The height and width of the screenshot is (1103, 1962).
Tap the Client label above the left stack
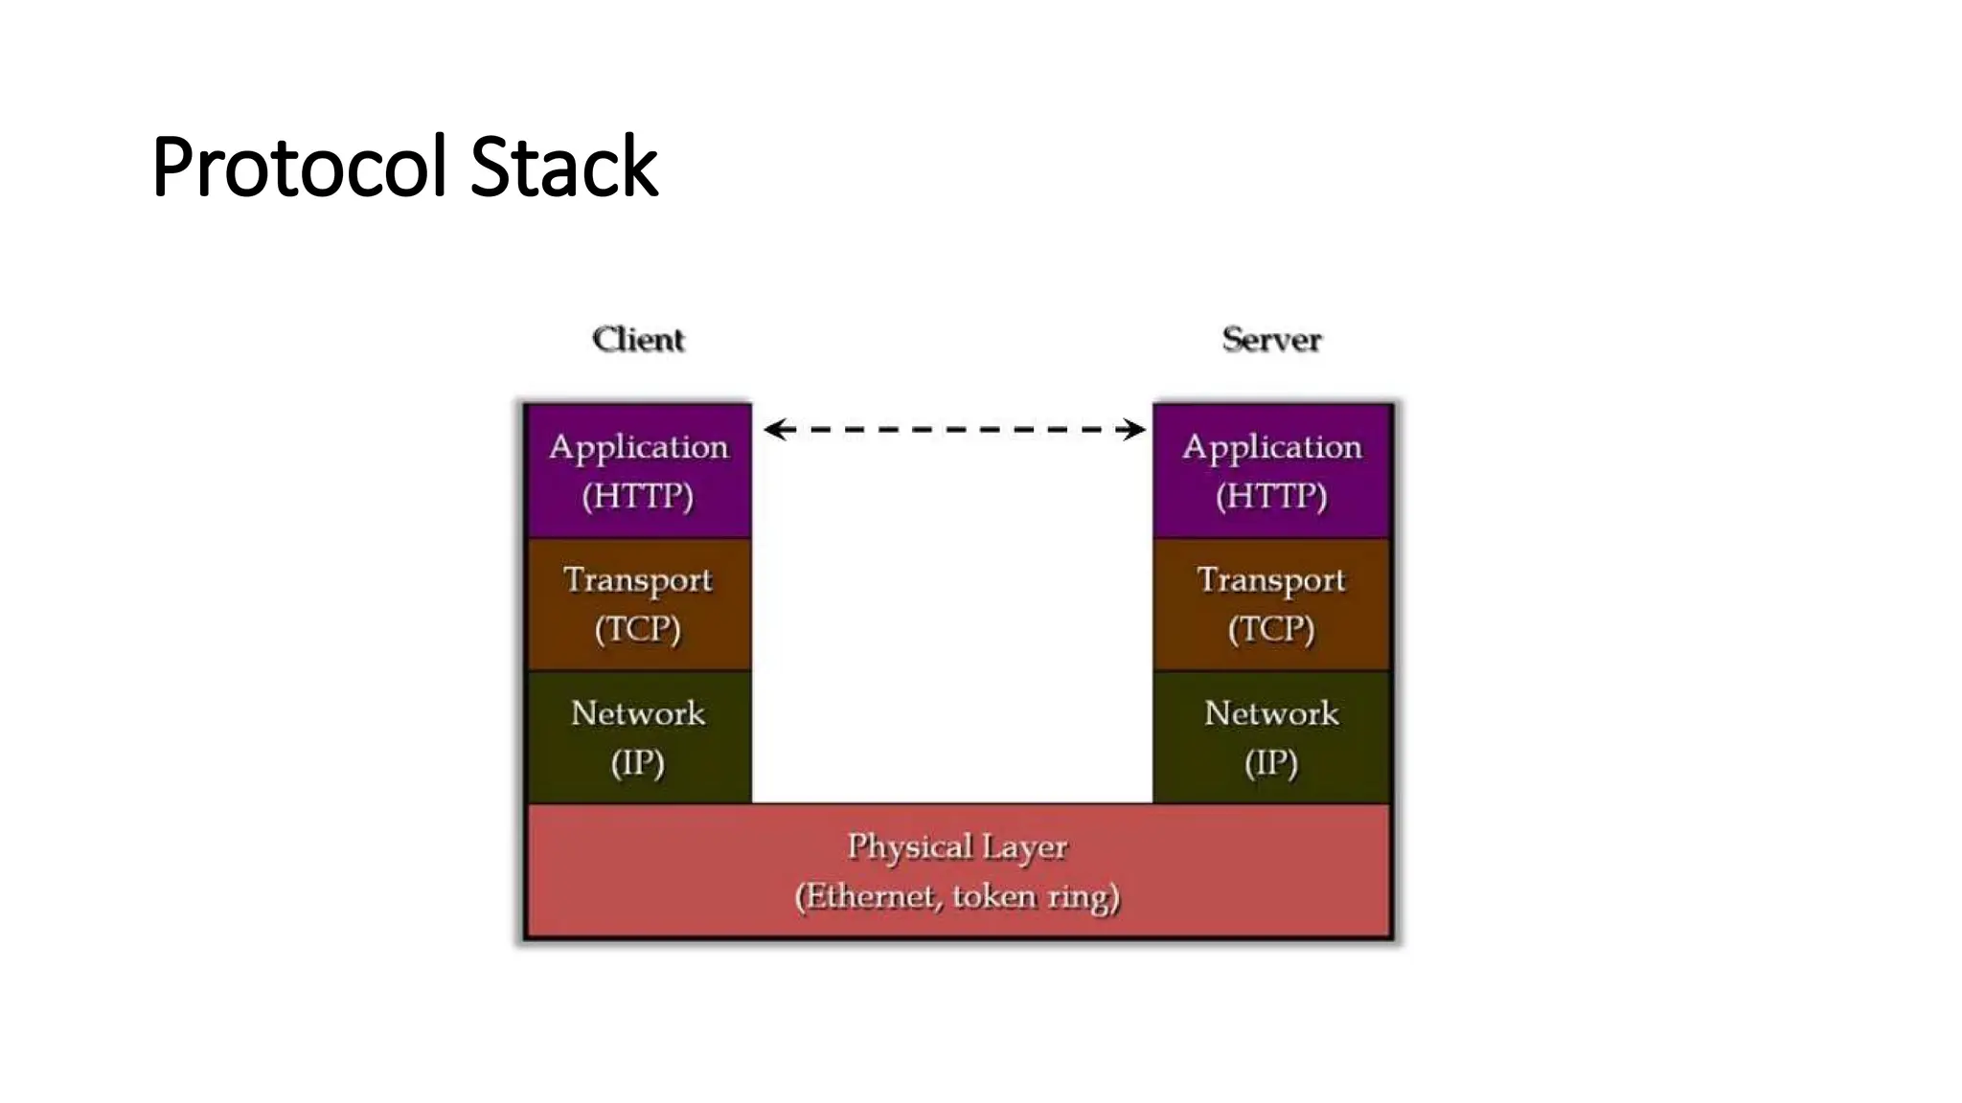pyautogui.click(x=638, y=339)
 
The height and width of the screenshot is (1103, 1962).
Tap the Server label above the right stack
pyautogui.click(x=1271, y=339)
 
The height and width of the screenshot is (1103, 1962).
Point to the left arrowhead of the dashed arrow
pyautogui.click(x=774, y=429)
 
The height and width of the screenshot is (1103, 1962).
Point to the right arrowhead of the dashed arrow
pyautogui.click(x=1135, y=429)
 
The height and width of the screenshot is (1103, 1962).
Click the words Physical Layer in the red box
pyautogui.click(x=956, y=846)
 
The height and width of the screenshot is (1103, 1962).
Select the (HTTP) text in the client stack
pyautogui.click(x=638, y=496)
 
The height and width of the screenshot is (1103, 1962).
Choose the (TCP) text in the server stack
pyautogui.click(x=1271, y=629)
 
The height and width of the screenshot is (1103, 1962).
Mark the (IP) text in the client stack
pyautogui.click(x=638, y=763)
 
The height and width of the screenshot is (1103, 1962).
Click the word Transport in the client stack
pyautogui.click(x=638, y=580)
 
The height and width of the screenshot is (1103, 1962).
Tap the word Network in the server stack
pyautogui.click(x=1271, y=713)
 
